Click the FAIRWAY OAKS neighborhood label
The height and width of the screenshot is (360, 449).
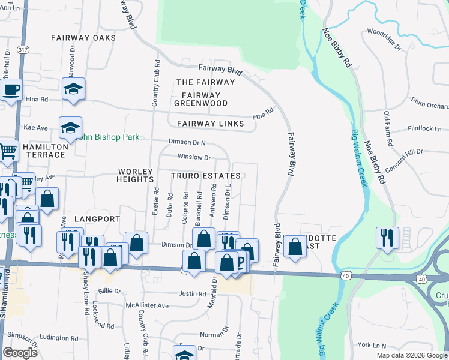coord(83,37)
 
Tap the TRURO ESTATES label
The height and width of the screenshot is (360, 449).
coord(206,176)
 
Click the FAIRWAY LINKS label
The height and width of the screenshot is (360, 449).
coord(211,124)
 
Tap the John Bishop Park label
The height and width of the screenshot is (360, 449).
coord(108,137)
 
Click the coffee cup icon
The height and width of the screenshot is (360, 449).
coord(11,91)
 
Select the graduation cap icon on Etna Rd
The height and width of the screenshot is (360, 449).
coord(73,89)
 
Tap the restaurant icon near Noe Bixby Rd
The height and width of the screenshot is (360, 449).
coord(385,236)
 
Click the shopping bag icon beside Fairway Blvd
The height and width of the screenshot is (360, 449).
coord(295,246)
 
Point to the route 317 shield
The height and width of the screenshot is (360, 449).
coord(23,49)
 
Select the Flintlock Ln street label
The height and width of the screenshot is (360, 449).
coord(424,128)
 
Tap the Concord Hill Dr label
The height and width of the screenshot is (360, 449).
coord(405,160)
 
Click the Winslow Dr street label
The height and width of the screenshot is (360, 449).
coord(194,157)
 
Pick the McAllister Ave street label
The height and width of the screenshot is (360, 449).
coord(148,305)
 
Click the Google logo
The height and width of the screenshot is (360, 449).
coord(20,353)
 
